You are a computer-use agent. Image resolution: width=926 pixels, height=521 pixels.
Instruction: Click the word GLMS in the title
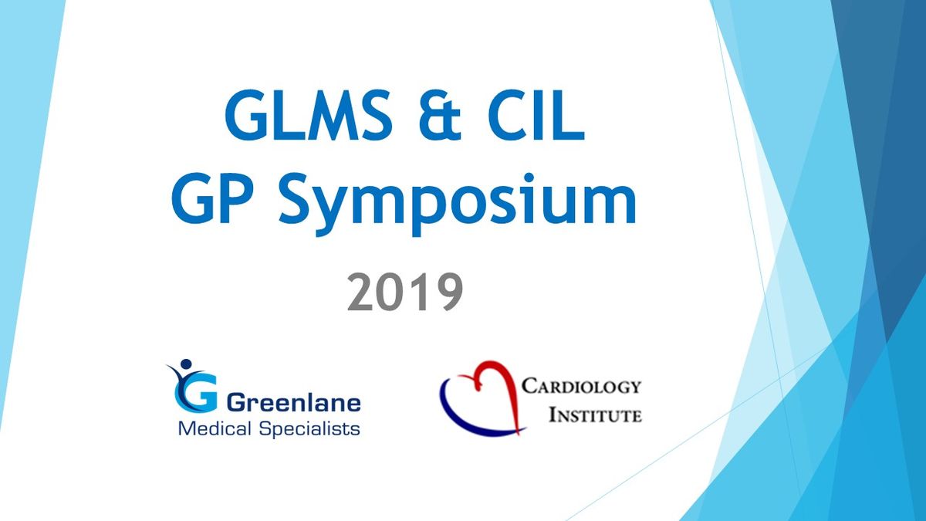309,114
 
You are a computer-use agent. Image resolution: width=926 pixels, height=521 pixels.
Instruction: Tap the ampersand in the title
441,114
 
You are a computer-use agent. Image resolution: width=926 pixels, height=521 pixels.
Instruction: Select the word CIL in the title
536,114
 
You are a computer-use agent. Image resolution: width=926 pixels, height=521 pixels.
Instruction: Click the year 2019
405,292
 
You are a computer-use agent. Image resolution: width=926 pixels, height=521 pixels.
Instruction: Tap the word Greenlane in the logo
293,403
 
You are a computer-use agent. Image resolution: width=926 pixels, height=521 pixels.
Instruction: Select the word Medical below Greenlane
215,428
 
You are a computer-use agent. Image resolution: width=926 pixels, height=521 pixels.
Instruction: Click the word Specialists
309,429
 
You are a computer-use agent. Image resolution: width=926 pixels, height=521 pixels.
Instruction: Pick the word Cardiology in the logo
581,386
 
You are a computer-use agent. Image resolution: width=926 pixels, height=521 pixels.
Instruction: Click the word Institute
595,415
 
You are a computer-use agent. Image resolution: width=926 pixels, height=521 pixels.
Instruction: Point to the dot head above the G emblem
186,364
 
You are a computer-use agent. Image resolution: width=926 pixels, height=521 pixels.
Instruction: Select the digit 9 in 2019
448,292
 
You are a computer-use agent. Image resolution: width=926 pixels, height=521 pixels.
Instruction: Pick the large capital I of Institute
553,415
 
